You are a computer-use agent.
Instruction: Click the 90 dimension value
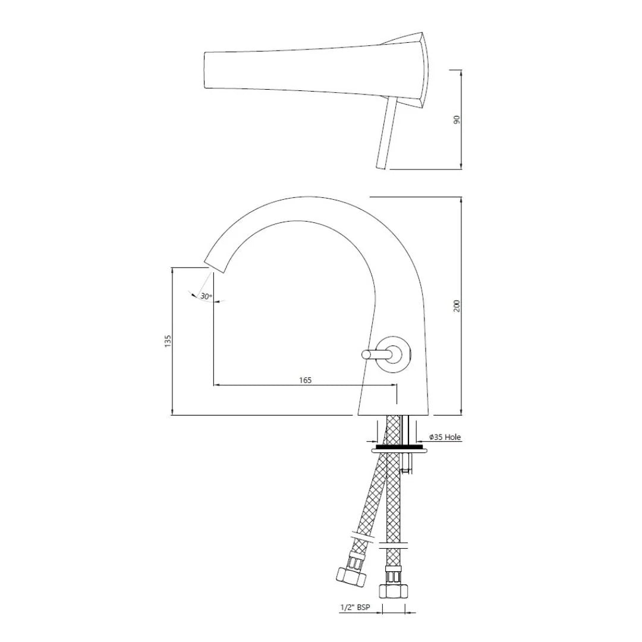tap(457, 119)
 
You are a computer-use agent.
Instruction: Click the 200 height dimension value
tap(457, 306)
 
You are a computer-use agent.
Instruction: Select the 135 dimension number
tap(168, 341)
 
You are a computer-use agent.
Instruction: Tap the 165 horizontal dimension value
tap(305, 380)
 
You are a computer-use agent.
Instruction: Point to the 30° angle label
tap(206, 296)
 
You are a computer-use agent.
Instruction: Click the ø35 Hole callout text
tap(445, 437)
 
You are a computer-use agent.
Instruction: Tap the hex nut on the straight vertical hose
tap(393, 590)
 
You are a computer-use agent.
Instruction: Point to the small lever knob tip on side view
tap(366, 355)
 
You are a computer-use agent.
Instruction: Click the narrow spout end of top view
tap(206, 70)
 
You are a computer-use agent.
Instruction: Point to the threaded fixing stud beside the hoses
tap(406, 464)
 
